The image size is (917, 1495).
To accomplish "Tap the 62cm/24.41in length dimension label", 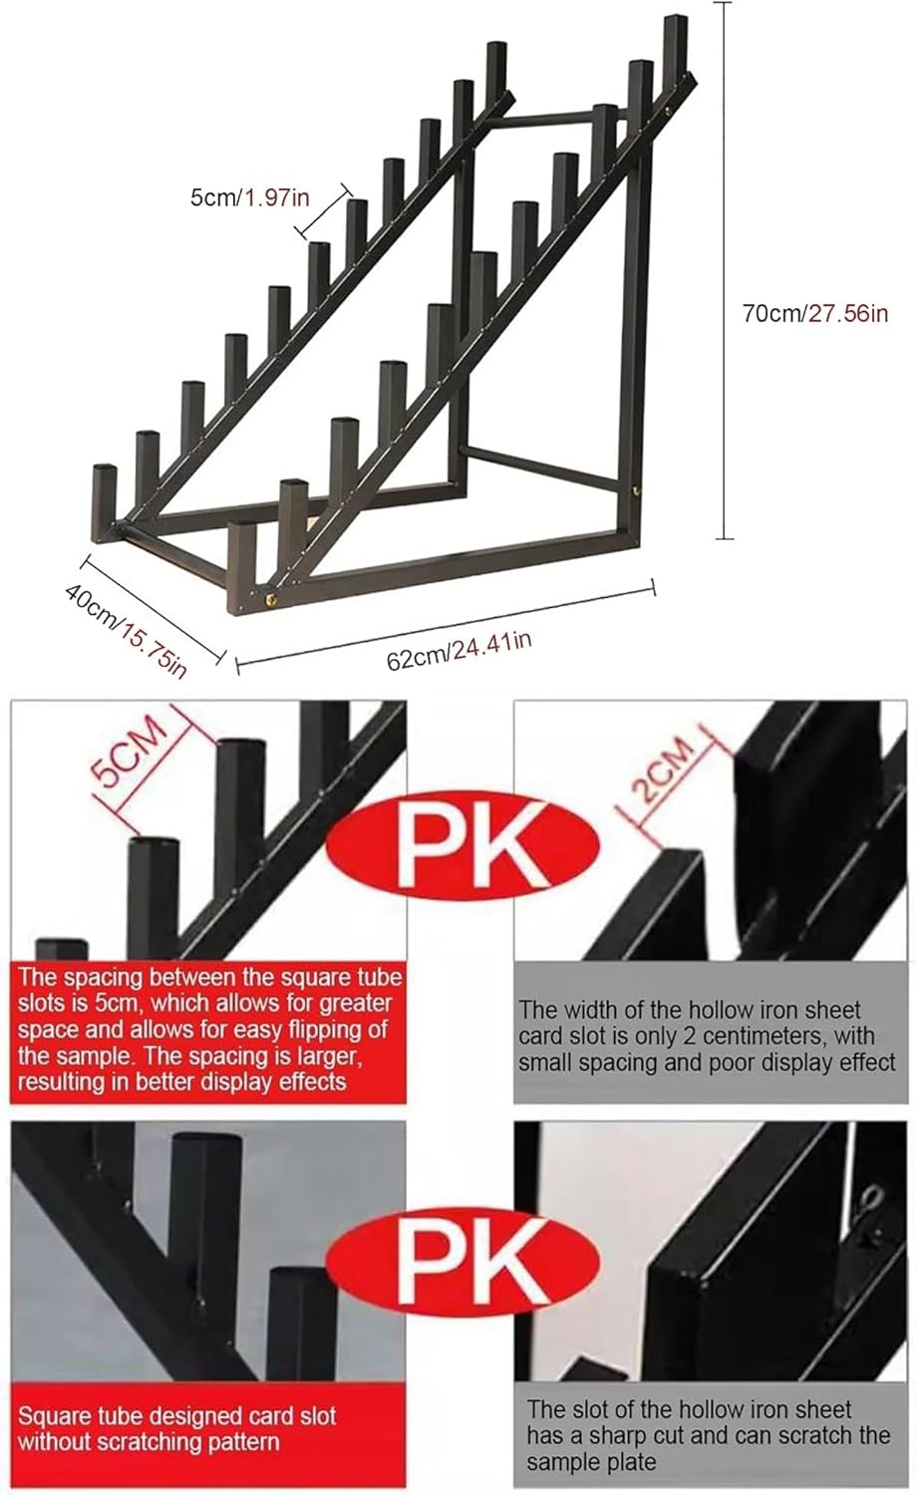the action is [459, 651].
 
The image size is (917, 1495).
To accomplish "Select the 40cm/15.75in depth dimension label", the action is [126, 631].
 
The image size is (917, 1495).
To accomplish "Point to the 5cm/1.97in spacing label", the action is [249, 197].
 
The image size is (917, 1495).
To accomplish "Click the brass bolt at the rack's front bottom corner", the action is [271, 599].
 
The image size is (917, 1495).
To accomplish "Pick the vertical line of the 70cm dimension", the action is [724, 270].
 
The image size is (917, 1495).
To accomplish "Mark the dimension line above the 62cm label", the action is [446, 626].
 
